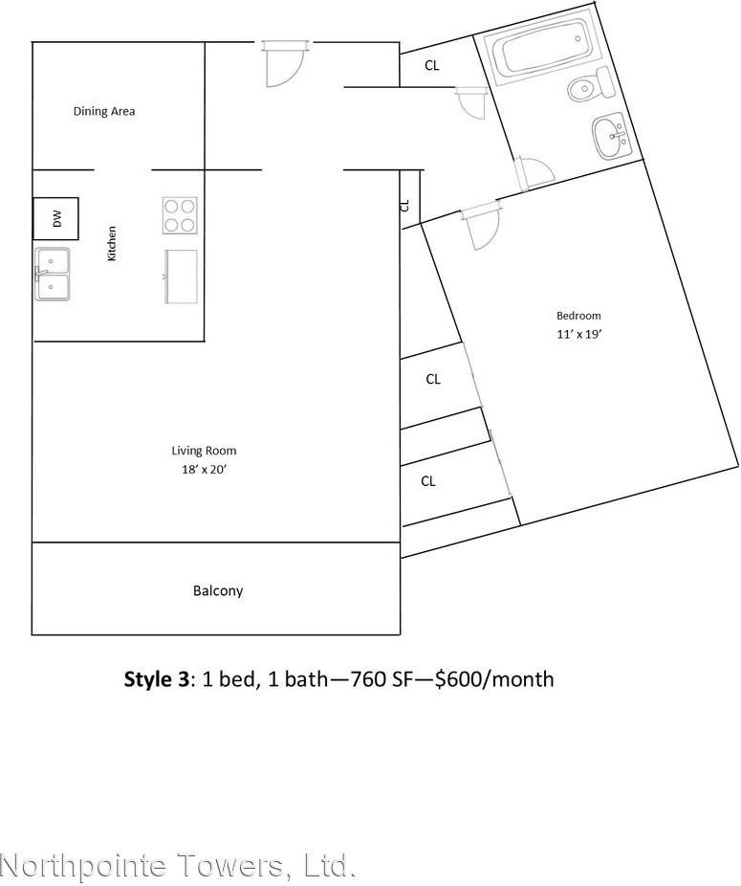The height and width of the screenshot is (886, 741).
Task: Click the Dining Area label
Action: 104,111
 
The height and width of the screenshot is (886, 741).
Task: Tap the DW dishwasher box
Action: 55,219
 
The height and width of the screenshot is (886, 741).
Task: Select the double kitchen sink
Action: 53,274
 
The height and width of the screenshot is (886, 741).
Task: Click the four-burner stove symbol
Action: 180,215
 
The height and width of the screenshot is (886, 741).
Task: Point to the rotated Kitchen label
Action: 112,244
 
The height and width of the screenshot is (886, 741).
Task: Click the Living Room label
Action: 204,451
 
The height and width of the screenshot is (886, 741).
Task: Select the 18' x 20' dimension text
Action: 204,469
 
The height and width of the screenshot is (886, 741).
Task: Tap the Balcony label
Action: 218,591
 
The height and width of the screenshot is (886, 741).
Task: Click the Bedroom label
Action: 578,316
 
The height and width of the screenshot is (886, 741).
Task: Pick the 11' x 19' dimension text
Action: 578,334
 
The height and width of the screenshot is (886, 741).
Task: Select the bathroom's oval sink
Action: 609,138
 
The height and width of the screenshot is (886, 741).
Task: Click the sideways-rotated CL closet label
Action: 404,205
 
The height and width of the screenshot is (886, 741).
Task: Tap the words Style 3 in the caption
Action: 157,679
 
